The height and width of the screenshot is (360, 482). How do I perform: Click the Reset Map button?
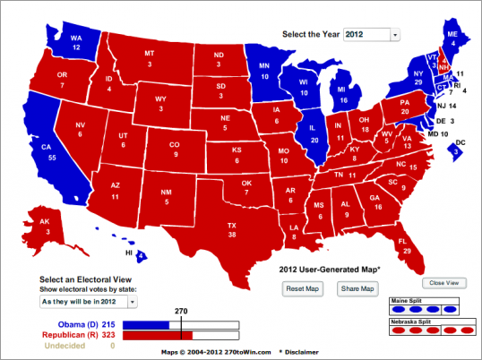pyautogui.click(x=302, y=288)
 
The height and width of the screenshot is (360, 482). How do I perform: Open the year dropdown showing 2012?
pyautogui.click(x=369, y=34)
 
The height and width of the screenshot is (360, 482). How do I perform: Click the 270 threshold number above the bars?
pyautogui.click(x=180, y=312)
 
